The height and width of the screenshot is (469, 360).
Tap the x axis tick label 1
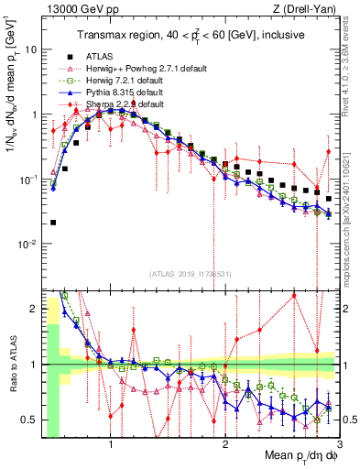point(111,445)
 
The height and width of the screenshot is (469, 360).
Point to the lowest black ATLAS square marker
point(53,223)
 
